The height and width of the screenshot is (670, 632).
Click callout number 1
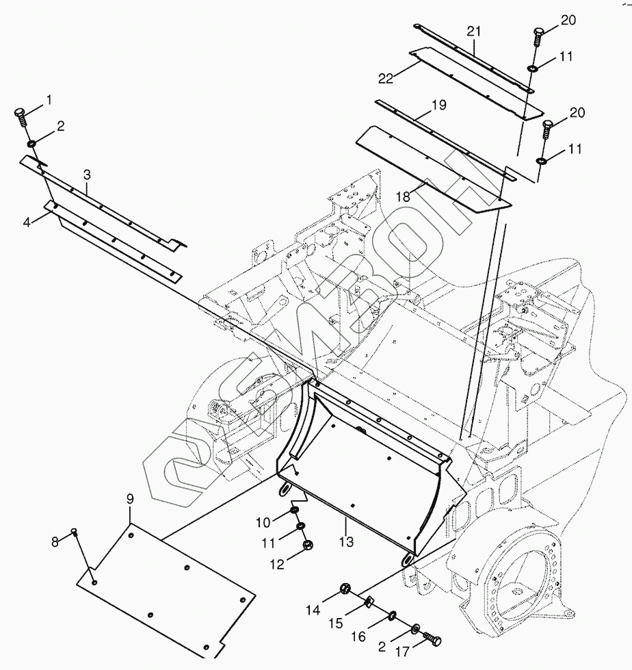click(x=49, y=100)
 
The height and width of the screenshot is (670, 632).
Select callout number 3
click(x=87, y=175)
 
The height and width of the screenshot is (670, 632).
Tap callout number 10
click(x=263, y=524)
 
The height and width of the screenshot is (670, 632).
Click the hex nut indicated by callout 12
click(x=307, y=545)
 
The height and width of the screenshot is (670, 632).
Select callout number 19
click(x=438, y=105)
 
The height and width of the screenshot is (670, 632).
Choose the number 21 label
click(x=474, y=31)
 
